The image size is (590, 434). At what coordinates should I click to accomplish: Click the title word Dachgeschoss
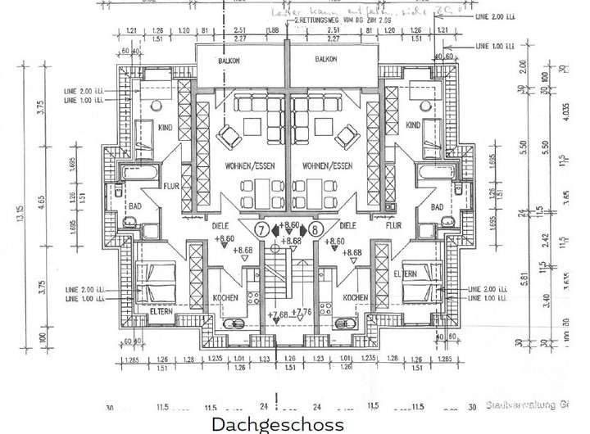(278, 424)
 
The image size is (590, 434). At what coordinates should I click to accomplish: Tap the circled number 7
(261, 228)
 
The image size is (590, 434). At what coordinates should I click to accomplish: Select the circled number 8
(315, 228)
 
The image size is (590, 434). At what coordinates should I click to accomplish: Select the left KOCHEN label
(225, 296)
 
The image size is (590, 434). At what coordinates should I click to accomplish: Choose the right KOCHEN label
(354, 296)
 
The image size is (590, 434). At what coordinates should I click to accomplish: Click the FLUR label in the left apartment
(171, 185)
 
